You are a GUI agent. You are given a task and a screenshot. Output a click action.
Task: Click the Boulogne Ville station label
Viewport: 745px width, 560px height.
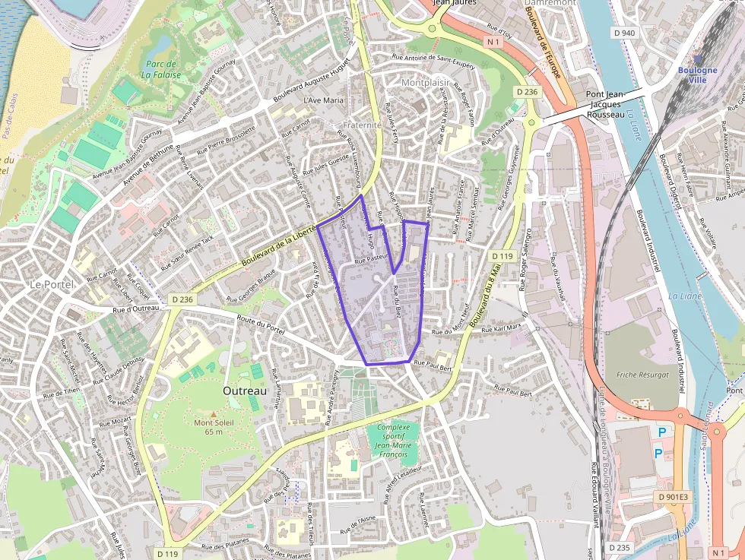coord(698,75)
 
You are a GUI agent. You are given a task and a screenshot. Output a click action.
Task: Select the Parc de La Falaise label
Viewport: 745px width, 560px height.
coord(160,69)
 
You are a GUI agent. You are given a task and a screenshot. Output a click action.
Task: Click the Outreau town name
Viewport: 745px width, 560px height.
coord(245,390)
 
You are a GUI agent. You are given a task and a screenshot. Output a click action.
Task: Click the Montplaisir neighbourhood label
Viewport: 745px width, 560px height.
coord(424,82)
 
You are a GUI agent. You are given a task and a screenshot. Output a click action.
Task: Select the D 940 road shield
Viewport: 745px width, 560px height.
coord(623,33)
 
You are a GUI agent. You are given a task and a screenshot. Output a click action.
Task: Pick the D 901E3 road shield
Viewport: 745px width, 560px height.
coord(672,497)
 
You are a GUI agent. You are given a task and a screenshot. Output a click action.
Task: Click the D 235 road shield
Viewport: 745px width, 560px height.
coord(620,547)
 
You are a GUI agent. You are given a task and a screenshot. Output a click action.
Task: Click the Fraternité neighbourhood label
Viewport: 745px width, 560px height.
coord(362,125)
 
